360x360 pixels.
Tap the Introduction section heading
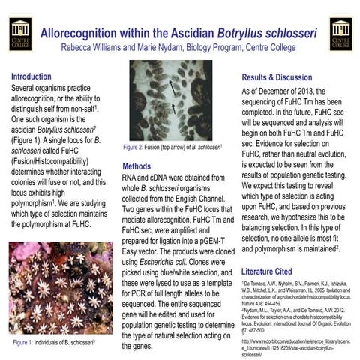click(31, 76)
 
